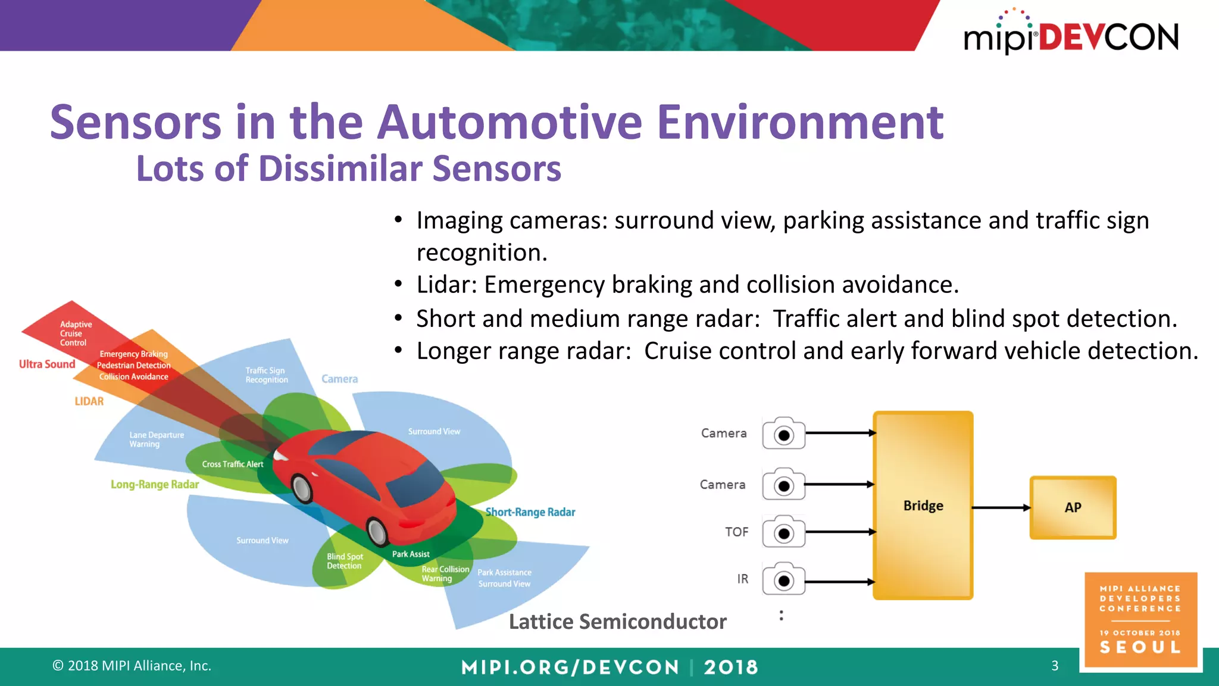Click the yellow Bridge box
(x=923, y=505)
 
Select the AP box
(x=1073, y=507)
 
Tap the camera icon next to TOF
(x=783, y=532)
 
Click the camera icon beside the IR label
(x=783, y=579)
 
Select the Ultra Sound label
(x=47, y=364)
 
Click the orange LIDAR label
(x=89, y=401)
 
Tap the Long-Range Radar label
(x=155, y=484)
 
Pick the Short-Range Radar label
(x=530, y=512)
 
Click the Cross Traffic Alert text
(x=232, y=464)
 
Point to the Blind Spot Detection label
(x=345, y=561)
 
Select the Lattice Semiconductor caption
(x=617, y=622)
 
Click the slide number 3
(x=1055, y=665)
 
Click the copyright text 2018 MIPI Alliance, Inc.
(x=132, y=665)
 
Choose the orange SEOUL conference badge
(x=1140, y=619)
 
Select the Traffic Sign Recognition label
(x=266, y=375)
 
